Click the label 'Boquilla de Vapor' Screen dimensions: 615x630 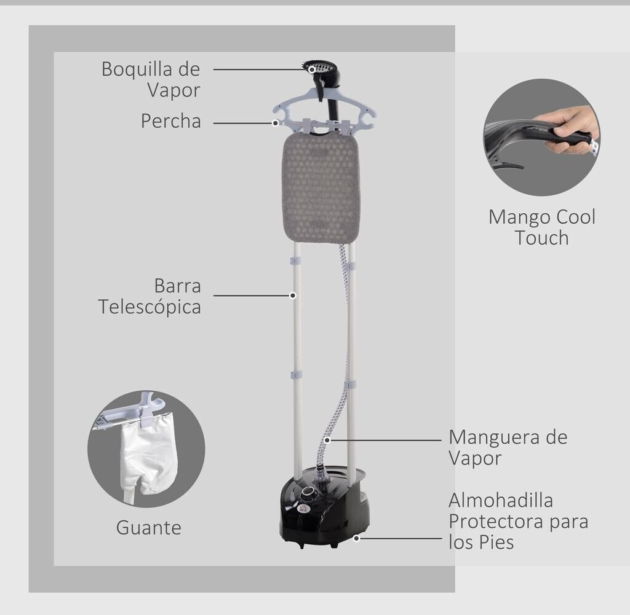point(151,79)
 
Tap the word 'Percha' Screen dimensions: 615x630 point(170,121)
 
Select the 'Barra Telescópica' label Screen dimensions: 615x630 point(150,296)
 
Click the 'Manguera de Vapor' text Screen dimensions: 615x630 point(508,447)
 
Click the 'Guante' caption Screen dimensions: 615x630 point(148,527)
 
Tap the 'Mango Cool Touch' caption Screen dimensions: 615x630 point(541,227)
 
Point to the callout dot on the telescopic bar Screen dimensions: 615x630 point(293,296)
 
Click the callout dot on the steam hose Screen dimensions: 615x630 point(327,440)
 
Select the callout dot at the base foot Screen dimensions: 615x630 point(357,538)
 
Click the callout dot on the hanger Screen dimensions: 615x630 point(276,123)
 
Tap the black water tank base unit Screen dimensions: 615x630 point(323,507)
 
